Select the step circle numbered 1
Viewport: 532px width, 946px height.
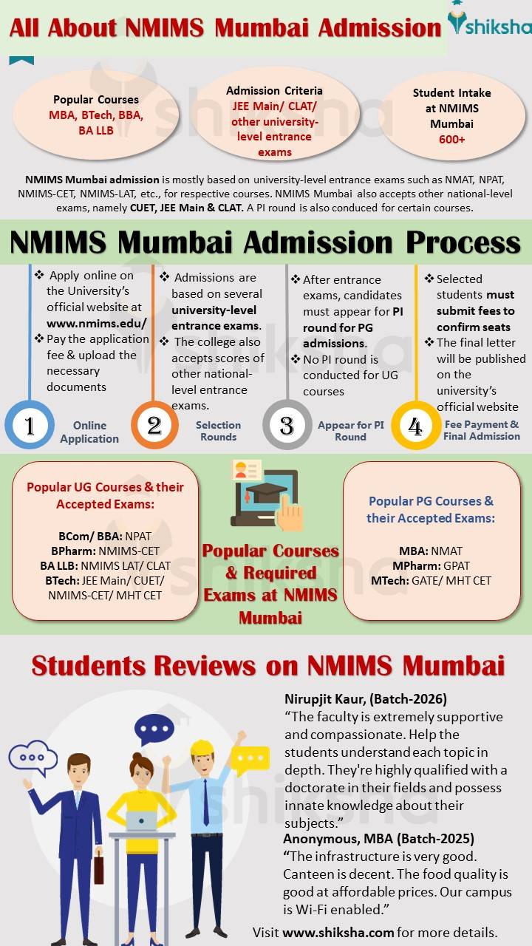click(x=30, y=426)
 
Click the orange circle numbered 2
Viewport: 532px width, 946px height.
click(x=154, y=426)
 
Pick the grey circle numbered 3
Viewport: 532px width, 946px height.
click(x=287, y=426)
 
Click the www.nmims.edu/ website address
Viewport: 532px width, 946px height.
click(x=97, y=323)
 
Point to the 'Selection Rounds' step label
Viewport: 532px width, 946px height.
click(x=218, y=431)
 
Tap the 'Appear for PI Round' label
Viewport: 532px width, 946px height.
click(x=350, y=431)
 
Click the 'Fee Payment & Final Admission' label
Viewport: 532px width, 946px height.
click(x=482, y=430)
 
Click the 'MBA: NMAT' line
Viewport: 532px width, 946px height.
click(x=431, y=551)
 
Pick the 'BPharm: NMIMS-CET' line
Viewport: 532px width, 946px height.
click(x=105, y=551)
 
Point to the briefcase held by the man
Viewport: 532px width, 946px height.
click(x=98, y=869)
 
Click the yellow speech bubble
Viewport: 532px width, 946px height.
click(x=250, y=758)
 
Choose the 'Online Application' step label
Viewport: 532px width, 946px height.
click(x=89, y=432)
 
